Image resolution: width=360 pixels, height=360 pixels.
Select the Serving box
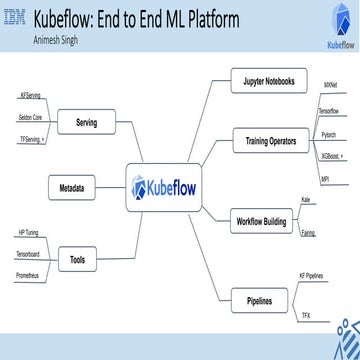coord(86,122)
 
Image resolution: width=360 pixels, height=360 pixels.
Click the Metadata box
coord(71,187)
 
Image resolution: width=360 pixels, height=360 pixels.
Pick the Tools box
coord(77,260)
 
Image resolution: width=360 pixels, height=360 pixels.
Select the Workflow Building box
coord(261,219)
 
